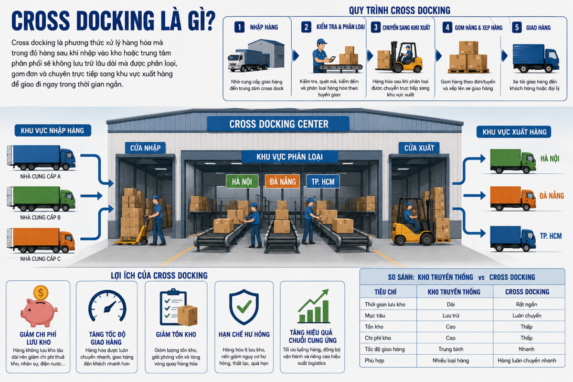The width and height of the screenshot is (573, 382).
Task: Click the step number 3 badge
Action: (x=375, y=27)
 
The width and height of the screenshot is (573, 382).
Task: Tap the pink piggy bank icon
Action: (x=39, y=313)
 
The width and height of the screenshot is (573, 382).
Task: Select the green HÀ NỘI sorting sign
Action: (x=242, y=181)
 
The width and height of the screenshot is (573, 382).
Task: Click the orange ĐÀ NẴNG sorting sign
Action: (x=282, y=181)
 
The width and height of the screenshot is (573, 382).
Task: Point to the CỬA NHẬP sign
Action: (x=145, y=148)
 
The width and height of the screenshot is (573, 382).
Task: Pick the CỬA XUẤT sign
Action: (x=419, y=148)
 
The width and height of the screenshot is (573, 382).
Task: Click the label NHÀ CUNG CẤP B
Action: (x=41, y=217)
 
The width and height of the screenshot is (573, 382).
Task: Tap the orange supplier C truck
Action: (x=41, y=240)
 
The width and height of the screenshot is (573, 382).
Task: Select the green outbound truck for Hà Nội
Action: (x=513, y=161)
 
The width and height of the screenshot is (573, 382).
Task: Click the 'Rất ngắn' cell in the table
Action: (x=526, y=305)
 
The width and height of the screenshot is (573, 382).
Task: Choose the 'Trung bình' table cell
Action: (x=451, y=349)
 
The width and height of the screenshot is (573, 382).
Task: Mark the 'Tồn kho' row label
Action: (x=374, y=327)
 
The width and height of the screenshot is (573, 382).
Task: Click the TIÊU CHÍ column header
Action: (x=385, y=292)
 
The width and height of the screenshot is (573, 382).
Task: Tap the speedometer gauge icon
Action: (x=107, y=306)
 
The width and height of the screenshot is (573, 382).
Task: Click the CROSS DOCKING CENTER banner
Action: (x=278, y=124)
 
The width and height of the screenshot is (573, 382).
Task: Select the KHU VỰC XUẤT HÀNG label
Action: (x=514, y=132)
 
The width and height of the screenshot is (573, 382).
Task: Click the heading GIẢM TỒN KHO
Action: (x=176, y=334)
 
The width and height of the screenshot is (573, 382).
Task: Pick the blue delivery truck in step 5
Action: (x=536, y=58)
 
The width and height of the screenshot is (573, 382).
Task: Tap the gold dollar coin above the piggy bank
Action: (x=41, y=292)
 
